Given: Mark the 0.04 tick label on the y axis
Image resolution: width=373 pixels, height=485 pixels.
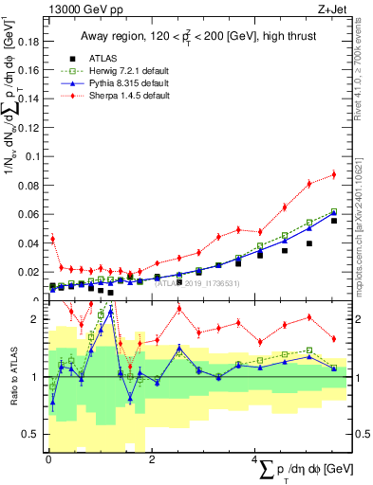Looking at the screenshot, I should click(x=31, y=244).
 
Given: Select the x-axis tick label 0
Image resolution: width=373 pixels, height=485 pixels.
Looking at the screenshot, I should click(x=48, y=459).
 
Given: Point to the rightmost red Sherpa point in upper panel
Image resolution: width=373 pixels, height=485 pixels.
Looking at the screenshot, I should click(x=333, y=174).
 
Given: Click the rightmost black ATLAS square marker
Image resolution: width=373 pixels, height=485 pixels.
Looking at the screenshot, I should click(x=333, y=220).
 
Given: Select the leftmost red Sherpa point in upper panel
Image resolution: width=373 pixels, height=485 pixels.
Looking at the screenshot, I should click(x=53, y=239).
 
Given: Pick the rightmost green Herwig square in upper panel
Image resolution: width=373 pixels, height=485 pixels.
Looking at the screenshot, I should click(x=333, y=211).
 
